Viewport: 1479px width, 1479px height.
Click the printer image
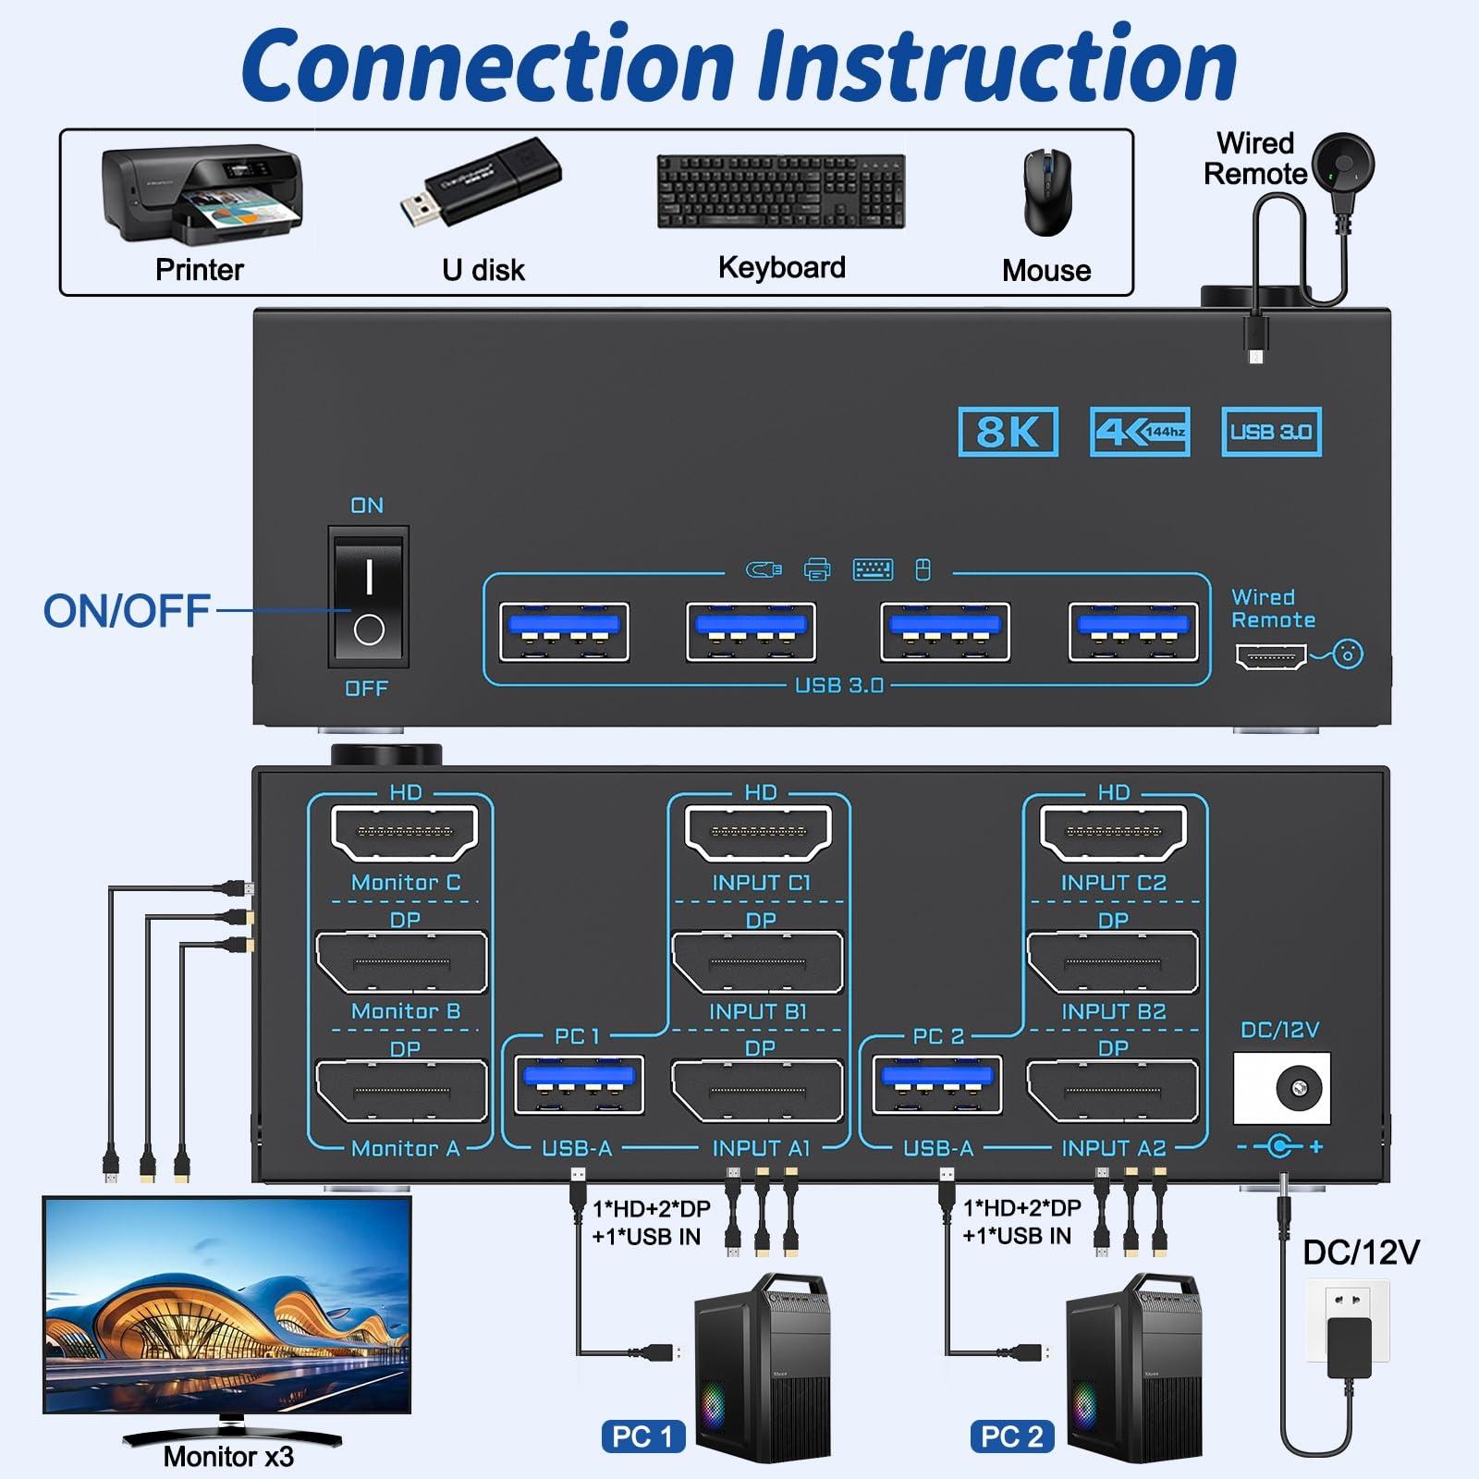pyautogui.click(x=201, y=194)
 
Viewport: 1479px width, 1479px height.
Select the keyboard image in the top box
pyautogui.click(x=781, y=190)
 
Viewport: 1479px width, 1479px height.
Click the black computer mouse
pyautogui.click(x=1047, y=192)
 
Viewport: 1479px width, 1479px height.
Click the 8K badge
pyautogui.click(x=1008, y=432)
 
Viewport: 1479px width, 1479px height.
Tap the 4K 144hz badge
pyautogui.click(x=1140, y=432)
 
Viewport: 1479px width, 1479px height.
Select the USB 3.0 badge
pyautogui.click(x=1271, y=432)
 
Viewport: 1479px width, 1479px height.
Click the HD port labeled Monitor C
pyautogui.click(x=404, y=833)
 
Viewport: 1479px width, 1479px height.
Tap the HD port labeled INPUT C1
pyautogui.click(x=758, y=833)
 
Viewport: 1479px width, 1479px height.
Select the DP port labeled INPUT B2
pyautogui.click(x=1112, y=963)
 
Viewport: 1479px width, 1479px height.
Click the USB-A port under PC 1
pyautogui.click(x=578, y=1084)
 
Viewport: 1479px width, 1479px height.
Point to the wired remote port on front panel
pyautogui.click(x=1271, y=657)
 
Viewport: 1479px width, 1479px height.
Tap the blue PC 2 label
pyautogui.click(x=1012, y=1436)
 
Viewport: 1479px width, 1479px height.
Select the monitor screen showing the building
pyautogui.click(x=227, y=1305)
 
